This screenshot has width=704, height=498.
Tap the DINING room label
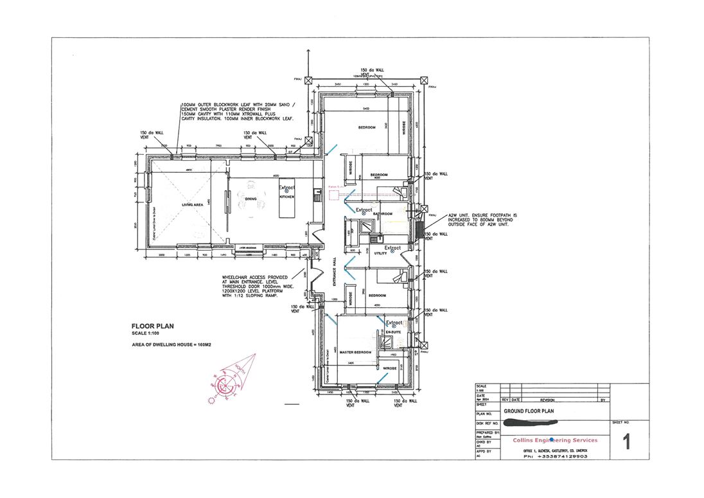point(251,199)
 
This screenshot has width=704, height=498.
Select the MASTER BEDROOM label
point(356,353)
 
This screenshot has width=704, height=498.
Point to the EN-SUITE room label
point(393,332)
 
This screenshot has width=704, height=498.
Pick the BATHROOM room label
point(383,213)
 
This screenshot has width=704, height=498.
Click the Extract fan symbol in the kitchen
point(286,190)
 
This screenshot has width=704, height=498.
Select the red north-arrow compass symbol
point(227,383)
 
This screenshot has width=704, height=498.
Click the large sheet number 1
point(626,443)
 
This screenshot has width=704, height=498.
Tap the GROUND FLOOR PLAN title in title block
point(528,411)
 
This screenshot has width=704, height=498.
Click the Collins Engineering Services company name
point(555,440)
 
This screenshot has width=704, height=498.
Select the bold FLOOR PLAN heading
point(152,326)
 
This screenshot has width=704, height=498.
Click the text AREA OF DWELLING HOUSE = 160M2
point(172,345)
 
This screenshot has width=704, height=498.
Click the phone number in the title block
point(555,456)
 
